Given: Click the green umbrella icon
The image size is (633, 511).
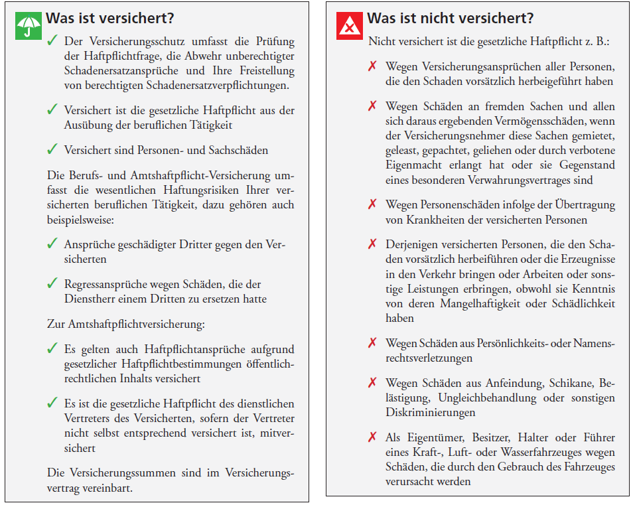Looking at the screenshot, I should (x=28, y=26).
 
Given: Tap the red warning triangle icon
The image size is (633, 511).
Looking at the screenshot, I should (x=349, y=26).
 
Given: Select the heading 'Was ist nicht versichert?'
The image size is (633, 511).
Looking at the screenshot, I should (x=451, y=19).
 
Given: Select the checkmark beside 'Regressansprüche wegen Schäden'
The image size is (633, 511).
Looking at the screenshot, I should (x=52, y=283).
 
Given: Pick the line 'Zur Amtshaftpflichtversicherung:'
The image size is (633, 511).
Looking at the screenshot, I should (x=126, y=324).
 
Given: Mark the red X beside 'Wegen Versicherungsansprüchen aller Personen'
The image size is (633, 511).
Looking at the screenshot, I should (x=373, y=66).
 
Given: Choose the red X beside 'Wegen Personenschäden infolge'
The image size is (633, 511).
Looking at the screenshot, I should (x=373, y=204).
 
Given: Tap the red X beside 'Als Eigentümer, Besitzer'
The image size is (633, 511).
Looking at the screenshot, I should (x=373, y=437).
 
